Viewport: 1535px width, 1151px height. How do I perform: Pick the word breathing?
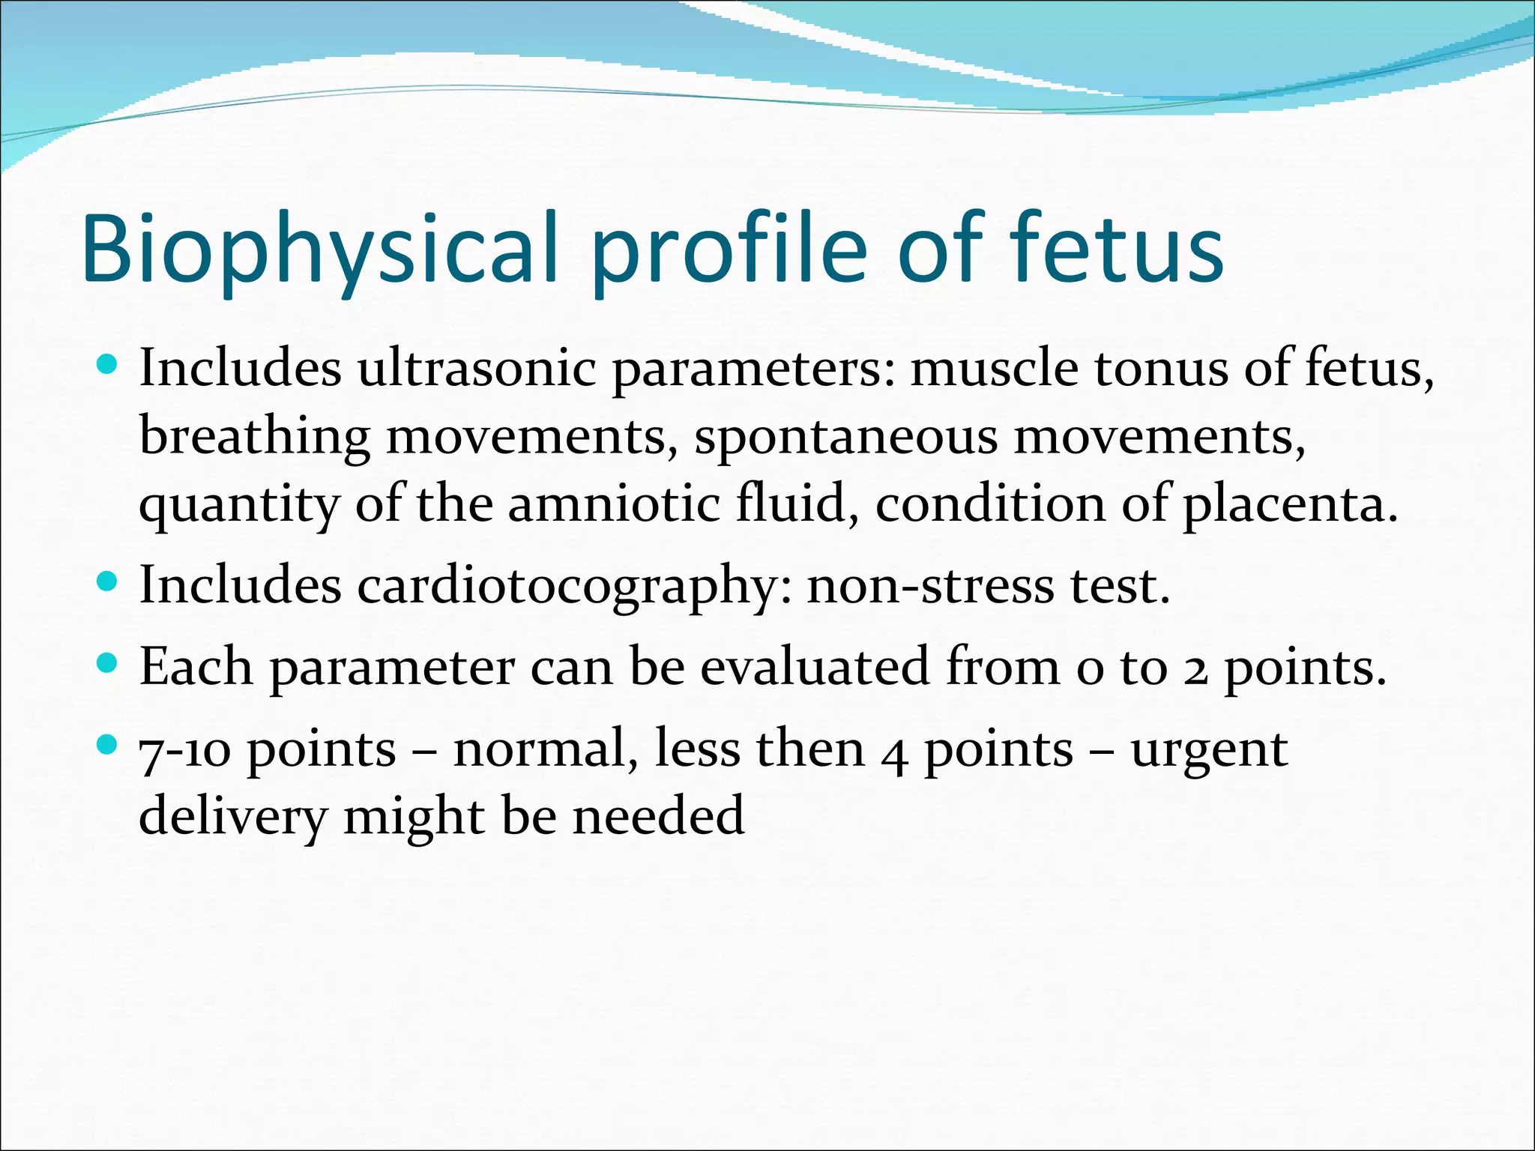coord(254,437)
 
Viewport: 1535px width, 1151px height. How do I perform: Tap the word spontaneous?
coord(845,437)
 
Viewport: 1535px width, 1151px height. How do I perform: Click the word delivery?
coord(232,817)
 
